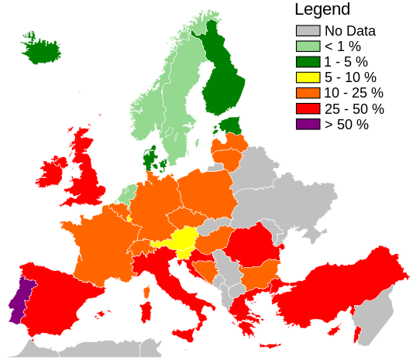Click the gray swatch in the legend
click(308, 31)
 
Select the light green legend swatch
click(308, 46)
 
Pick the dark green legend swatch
click(308, 62)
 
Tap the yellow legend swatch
click(308, 77)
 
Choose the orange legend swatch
click(308, 93)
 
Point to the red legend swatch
click(308, 108)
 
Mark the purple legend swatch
click(308, 124)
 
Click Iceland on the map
click(42, 50)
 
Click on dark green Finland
click(225, 77)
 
